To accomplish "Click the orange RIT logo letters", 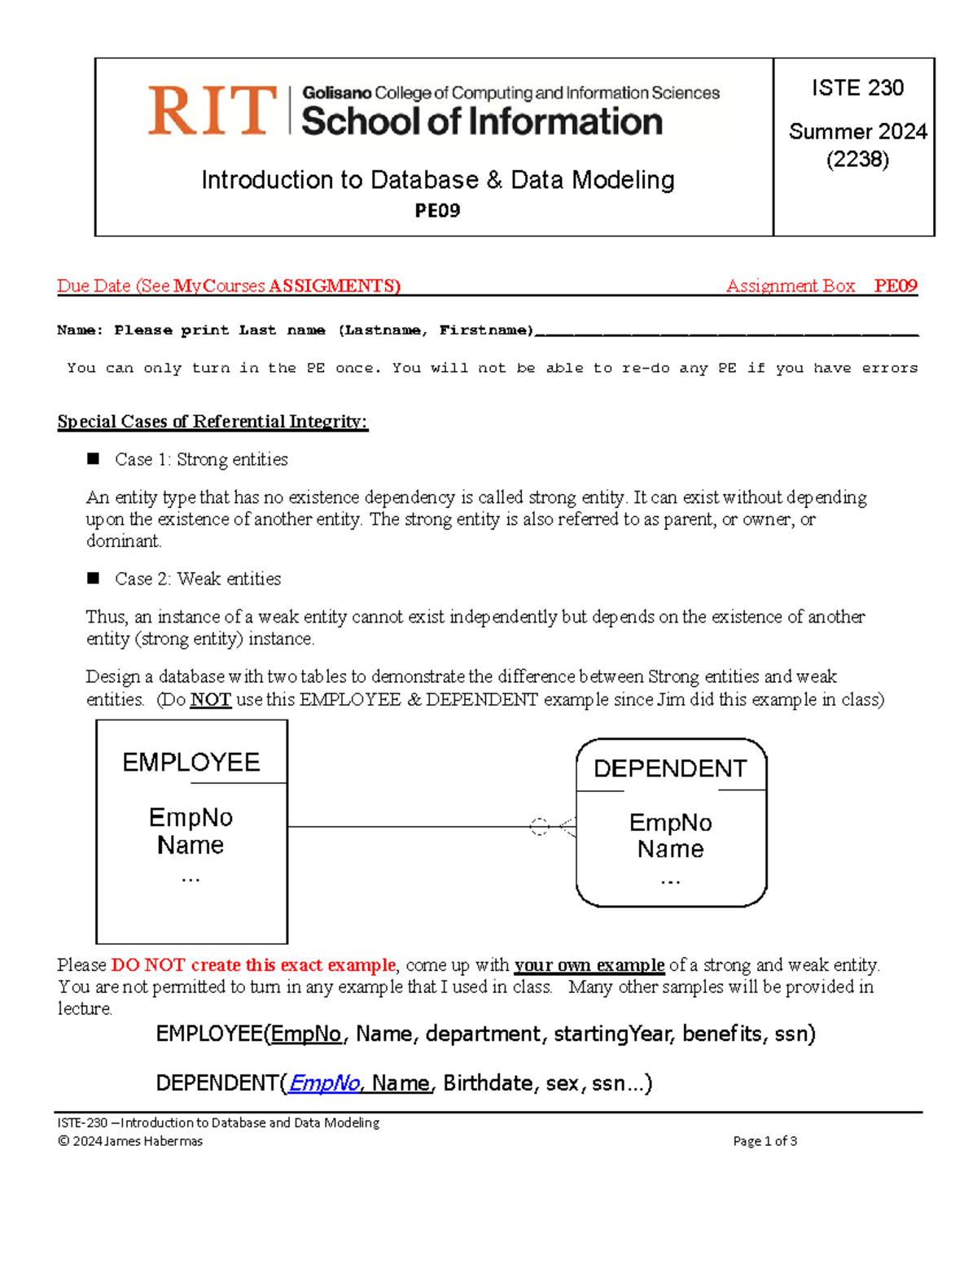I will coord(212,111).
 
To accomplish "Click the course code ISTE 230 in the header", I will coord(857,88).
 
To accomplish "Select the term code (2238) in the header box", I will coord(857,160).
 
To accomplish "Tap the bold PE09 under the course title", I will coord(437,211).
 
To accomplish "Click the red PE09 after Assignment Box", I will coord(896,286).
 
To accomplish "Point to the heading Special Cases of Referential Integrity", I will coord(212,422).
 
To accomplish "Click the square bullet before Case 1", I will coord(94,459).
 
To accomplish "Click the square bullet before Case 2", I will coord(94,578).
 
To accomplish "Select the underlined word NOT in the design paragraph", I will coord(211,699).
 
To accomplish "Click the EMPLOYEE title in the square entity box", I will coord(191,763).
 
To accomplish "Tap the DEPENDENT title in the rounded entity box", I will coord(670,768).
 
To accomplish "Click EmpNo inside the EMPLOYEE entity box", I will coord(191,817).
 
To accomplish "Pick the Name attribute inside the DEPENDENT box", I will coord(670,849).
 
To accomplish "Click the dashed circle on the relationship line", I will coord(539,827).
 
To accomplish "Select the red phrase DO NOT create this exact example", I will coord(253,965).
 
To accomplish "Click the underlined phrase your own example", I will coord(589,965).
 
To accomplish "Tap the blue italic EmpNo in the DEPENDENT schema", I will coord(324,1083).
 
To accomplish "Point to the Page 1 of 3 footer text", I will coord(765,1141).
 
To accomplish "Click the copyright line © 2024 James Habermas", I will coord(130,1141).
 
